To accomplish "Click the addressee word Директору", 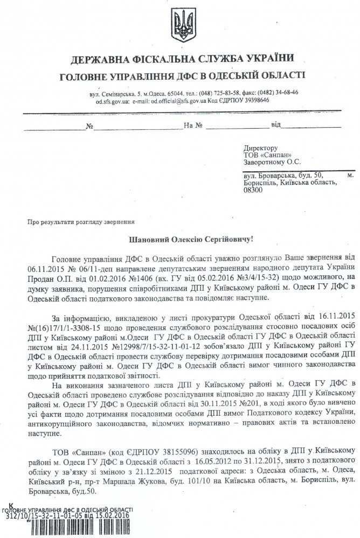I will point(260,147).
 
